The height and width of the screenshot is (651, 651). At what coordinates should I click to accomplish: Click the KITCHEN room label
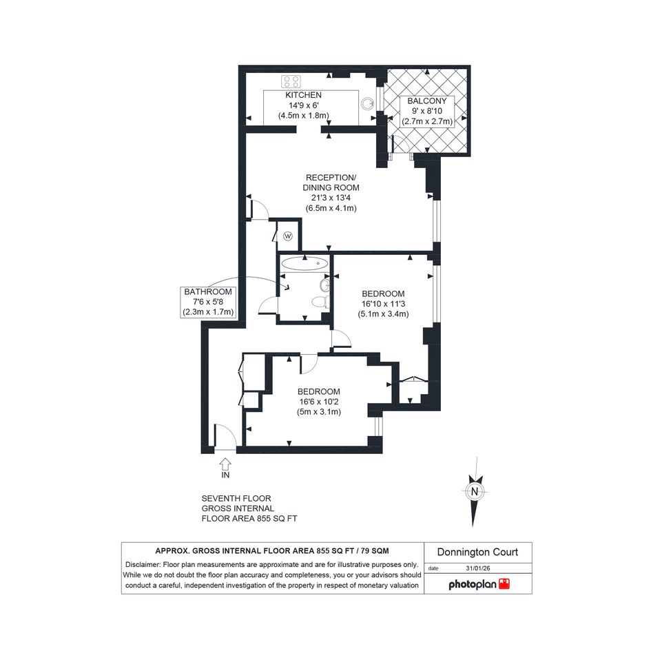[x=303, y=95]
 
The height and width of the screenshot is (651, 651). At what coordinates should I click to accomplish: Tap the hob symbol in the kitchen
[x=291, y=81]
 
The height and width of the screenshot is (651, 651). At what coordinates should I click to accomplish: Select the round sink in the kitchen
[x=367, y=103]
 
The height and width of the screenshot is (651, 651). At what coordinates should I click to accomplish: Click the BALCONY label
[x=427, y=101]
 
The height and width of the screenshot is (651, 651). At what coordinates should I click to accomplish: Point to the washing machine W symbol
[x=288, y=236]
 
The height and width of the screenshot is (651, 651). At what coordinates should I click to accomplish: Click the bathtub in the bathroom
[x=304, y=263]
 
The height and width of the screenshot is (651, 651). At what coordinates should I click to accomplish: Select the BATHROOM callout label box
[x=208, y=302]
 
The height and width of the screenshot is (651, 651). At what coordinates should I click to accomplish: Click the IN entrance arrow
[x=225, y=464]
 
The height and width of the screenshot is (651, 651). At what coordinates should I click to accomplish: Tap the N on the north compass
[x=475, y=492]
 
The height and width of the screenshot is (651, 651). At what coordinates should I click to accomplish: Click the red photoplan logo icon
[x=504, y=583]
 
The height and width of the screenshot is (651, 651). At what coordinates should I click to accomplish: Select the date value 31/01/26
[x=478, y=568]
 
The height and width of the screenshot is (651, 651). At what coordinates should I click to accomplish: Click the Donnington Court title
[x=477, y=552]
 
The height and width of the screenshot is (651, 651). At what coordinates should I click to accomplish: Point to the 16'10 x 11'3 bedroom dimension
[x=383, y=304]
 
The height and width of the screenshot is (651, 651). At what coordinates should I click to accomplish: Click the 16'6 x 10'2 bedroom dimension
[x=319, y=402]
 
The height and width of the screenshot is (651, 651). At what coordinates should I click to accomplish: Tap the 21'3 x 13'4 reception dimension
[x=331, y=198]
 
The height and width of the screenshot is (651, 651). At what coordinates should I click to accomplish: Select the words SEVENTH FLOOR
[x=236, y=499]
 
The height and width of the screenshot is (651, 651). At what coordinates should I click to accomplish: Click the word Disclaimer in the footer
[x=143, y=565]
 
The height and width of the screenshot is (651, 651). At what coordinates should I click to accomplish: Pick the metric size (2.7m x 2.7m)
[x=427, y=122]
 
